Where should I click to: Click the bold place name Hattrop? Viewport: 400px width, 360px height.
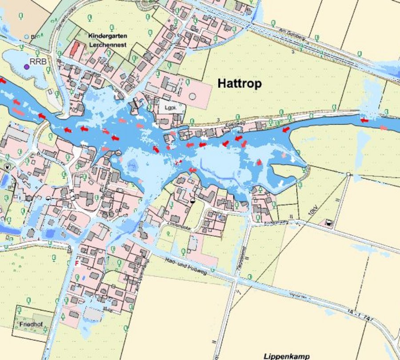pos(240,83)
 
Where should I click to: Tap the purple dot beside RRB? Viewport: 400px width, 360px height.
pos(27,66)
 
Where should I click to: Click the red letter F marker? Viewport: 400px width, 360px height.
pos(77,263)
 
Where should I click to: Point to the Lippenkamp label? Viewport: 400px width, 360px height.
pos(286,356)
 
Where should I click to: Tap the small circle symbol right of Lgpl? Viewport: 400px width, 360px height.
pos(192,96)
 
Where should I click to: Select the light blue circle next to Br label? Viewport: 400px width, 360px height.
pos(27,36)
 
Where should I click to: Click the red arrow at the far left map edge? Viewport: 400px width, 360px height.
pos(3,81)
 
